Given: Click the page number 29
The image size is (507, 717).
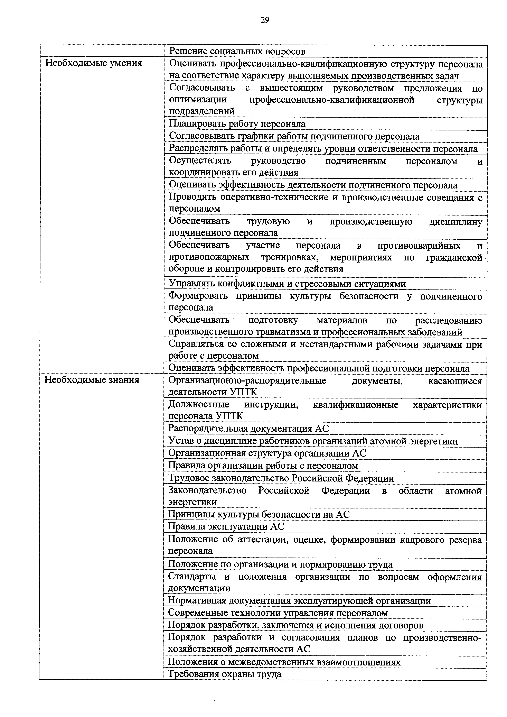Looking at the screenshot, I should (264, 20).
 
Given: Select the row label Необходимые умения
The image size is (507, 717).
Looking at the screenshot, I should (94, 63).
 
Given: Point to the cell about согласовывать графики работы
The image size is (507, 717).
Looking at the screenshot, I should (294, 136).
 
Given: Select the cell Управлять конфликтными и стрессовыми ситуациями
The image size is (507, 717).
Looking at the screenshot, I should (287, 284).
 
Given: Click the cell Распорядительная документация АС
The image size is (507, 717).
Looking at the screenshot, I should (248, 428).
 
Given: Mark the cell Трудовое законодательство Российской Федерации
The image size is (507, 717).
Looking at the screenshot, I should (281, 478).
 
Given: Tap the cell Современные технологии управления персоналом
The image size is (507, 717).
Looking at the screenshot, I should (278, 613).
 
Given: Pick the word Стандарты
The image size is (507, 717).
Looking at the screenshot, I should (192, 577).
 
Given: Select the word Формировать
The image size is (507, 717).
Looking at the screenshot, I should (198, 296).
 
